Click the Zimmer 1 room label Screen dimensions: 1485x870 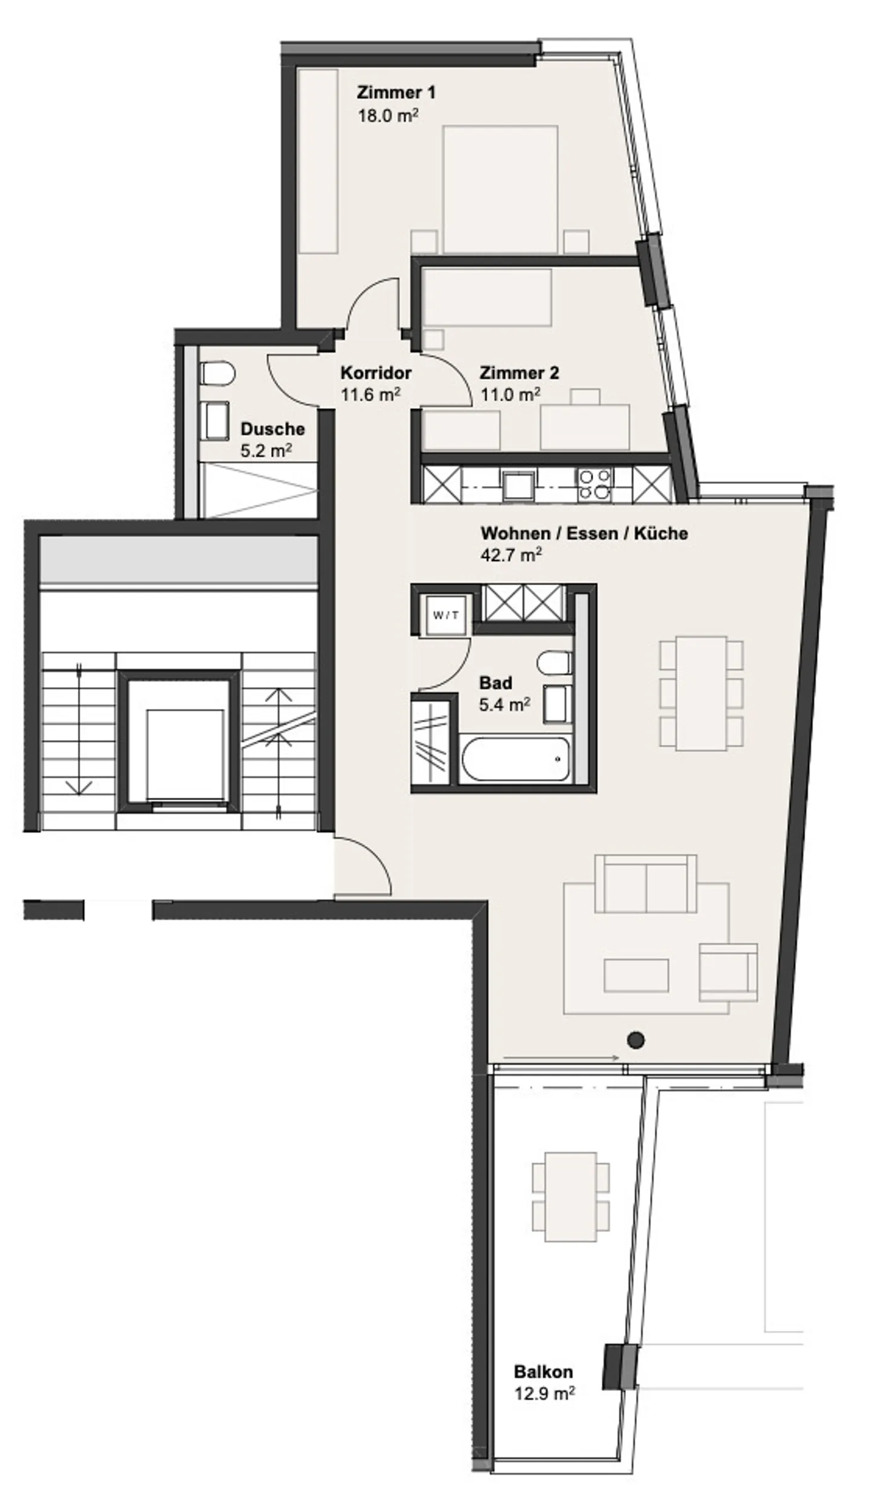(x=396, y=92)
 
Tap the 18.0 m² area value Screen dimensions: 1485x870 (x=388, y=115)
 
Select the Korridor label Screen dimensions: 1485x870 (x=376, y=373)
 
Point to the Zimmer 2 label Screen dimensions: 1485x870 (x=519, y=373)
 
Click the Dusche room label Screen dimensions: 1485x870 (x=272, y=429)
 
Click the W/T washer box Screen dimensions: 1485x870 (x=446, y=615)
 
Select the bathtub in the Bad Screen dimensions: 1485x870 (x=515, y=759)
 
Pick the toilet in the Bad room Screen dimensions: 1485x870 (x=554, y=662)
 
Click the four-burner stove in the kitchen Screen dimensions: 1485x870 (x=595, y=484)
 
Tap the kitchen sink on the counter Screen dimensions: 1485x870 (x=518, y=485)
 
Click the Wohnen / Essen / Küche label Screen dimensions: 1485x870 (x=584, y=533)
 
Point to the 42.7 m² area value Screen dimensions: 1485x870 (x=511, y=554)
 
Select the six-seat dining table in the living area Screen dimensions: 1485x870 (x=701, y=693)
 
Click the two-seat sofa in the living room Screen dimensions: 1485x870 (x=645, y=884)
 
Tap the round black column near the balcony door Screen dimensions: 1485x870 (x=636, y=1039)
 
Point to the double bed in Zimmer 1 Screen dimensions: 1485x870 (x=500, y=189)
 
